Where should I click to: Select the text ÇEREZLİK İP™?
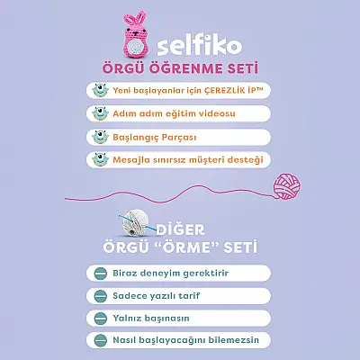point(220,91)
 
